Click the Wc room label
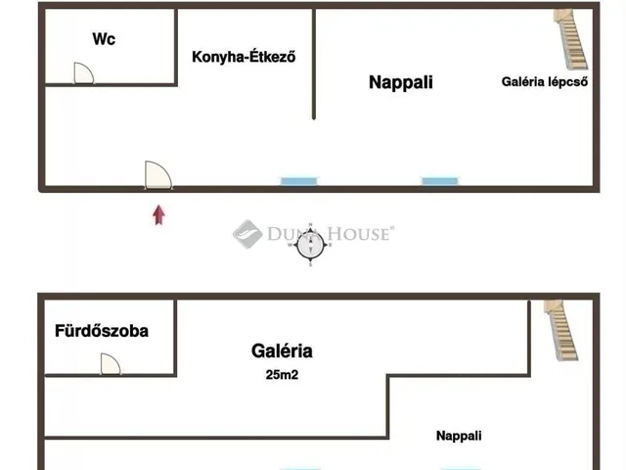(x=104, y=39)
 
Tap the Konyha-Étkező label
(x=244, y=57)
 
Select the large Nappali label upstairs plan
(x=401, y=82)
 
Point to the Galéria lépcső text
(x=545, y=82)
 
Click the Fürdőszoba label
(x=102, y=331)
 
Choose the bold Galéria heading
(x=282, y=351)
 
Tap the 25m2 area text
(x=282, y=375)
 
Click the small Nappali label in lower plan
(x=459, y=436)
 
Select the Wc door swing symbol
(x=84, y=73)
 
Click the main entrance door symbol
(x=158, y=175)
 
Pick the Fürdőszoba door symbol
(x=111, y=364)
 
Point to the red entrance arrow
(x=158, y=215)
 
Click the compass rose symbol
(x=310, y=245)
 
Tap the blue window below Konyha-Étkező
(x=298, y=182)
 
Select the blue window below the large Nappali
(x=440, y=182)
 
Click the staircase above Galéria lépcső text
(x=571, y=39)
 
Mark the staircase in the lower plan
(x=561, y=330)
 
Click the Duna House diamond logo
(x=247, y=234)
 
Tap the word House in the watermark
(x=358, y=234)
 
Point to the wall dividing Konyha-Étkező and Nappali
(x=314, y=64)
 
